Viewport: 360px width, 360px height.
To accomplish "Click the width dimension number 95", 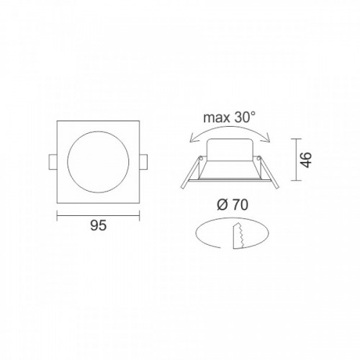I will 99,225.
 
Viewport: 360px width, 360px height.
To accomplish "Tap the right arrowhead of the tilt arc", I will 269,141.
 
